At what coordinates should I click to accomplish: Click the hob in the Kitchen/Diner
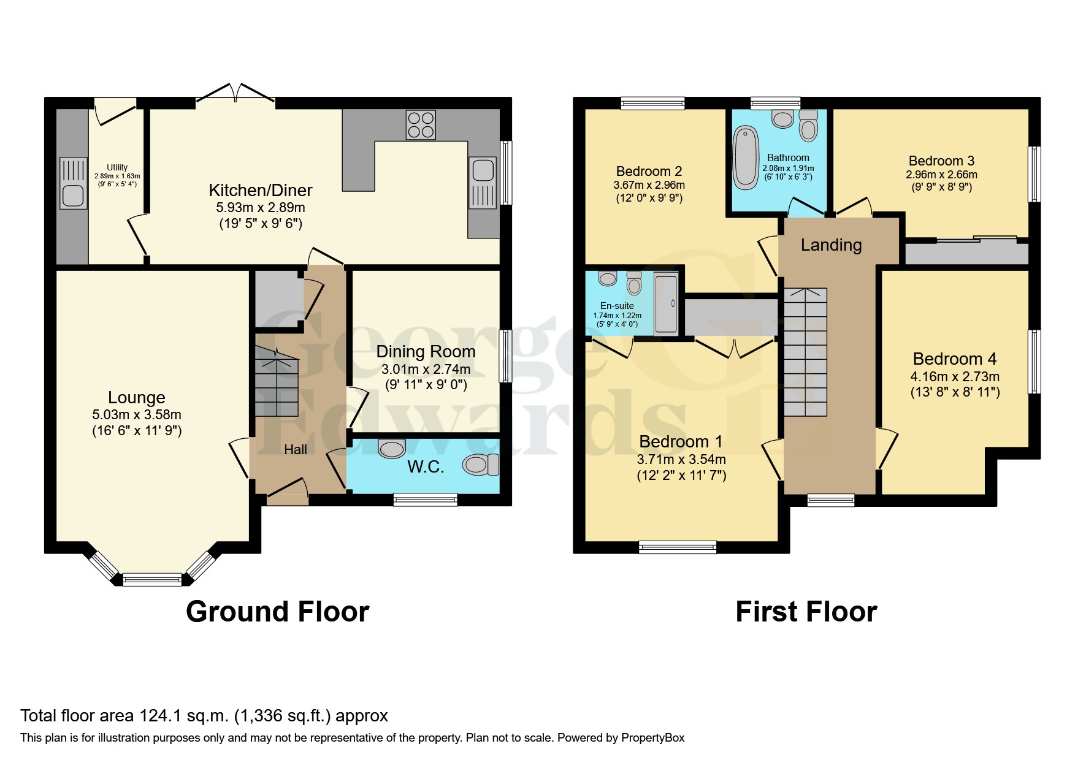[x=421, y=125]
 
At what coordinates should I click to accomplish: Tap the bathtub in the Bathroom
[x=746, y=157]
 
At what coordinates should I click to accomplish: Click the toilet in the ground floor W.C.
[x=481, y=465]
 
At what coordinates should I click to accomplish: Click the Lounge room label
[x=137, y=397]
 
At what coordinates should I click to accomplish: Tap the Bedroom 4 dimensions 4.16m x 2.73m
[x=955, y=376]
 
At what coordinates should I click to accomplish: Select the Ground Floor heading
[x=277, y=612]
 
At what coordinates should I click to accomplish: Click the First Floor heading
[x=806, y=612]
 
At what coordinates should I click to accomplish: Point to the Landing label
[x=831, y=245]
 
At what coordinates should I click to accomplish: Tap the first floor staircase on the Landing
[x=806, y=352]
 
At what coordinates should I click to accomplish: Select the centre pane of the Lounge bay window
[x=152, y=579]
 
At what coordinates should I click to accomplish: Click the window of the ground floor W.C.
[x=425, y=500]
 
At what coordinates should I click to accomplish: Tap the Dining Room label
[x=426, y=351]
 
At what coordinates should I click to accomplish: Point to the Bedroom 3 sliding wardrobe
[x=966, y=251]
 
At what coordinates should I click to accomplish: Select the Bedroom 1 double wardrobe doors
[x=735, y=349]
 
